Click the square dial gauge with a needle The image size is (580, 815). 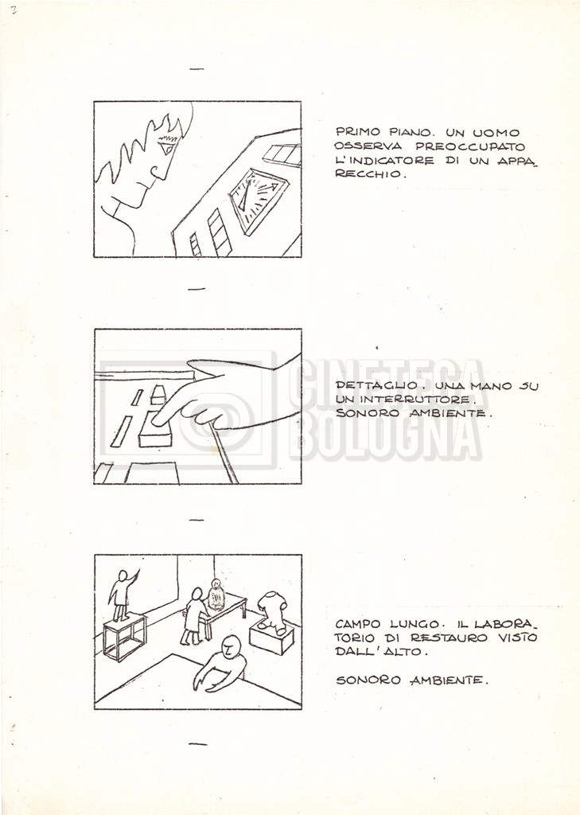coord(258,200)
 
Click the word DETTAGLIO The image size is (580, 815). coord(377,386)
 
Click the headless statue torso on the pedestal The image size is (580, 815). coord(272,613)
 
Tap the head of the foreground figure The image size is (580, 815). coord(232,646)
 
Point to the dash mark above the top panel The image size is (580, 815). coord(197,68)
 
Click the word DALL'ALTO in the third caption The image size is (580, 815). coord(381,651)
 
